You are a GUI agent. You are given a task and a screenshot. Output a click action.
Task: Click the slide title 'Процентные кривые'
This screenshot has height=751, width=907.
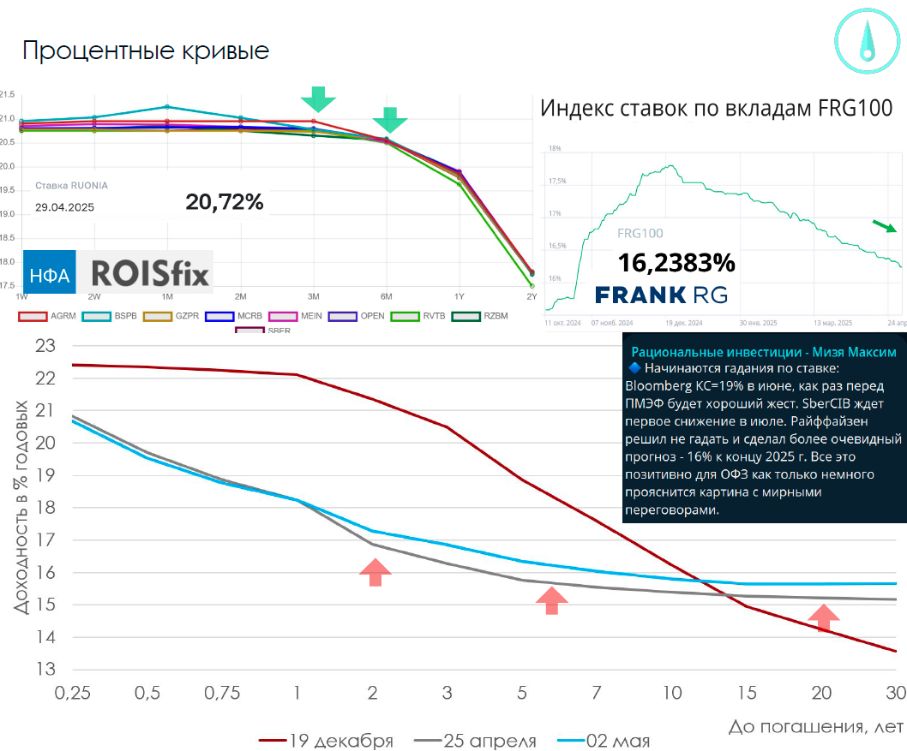(146, 51)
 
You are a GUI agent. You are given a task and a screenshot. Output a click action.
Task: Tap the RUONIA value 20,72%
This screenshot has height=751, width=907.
(225, 202)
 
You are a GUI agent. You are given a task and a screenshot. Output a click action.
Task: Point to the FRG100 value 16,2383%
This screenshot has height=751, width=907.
(676, 262)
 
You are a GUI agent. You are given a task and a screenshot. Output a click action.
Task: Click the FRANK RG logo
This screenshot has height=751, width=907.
(661, 295)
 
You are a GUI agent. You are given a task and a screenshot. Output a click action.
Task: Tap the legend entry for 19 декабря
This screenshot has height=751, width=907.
(327, 741)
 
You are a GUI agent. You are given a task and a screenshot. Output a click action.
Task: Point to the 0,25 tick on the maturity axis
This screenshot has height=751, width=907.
(72, 692)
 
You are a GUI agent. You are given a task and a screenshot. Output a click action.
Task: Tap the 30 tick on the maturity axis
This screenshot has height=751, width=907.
(895, 692)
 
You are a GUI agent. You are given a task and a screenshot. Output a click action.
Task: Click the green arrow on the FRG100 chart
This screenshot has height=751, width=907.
(885, 226)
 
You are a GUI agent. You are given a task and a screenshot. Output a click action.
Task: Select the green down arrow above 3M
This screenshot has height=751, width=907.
(319, 98)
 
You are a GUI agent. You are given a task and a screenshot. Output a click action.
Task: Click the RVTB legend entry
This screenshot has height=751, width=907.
(425, 316)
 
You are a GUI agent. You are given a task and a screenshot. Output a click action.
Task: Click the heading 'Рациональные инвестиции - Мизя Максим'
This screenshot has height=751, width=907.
(764, 352)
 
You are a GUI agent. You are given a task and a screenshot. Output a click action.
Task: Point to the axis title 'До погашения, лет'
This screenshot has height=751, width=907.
(815, 727)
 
